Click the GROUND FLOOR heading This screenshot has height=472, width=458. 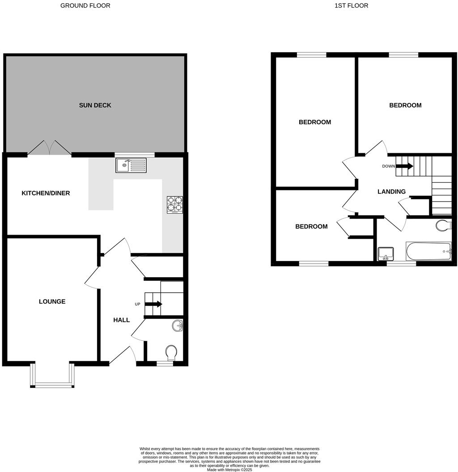pyautogui.click(x=85, y=6)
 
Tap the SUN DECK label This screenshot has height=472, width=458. pyautogui.click(x=95, y=105)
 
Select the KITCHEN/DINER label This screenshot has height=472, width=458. pyautogui.click(x=46, y=194)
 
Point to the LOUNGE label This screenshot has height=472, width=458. pyautogui.click(x=52, y=302)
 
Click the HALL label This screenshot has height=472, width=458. pyautogui.click(x=121, y=320)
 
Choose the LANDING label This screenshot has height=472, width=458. pyautogui.click(x=391, y=192)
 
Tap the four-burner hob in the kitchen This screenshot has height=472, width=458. pyautogui.click(x=174, y=205)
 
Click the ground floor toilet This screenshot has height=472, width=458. pyautogui.click(x=171, y=353)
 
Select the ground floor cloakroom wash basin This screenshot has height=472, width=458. pyautogui.click(x=178, y=326)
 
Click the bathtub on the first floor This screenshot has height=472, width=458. pyautogui.click(x=428, y=252)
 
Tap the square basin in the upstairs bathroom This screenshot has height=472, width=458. pyautogui.click(x=385, y=254)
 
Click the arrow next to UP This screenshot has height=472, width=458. pyautogui.click(x=153, y=304)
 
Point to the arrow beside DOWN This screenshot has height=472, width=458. pyautogui.click(x=404, y=166)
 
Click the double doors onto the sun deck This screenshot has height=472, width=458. pyautogui.click(x=49, y=148)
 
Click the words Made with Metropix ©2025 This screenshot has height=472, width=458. pyautogui.click(x=229, y=470)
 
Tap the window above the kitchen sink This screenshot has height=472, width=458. pyautogui.click(x=135, y=155)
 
